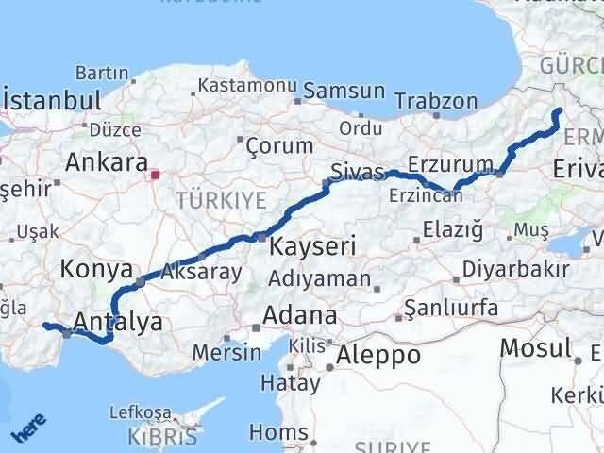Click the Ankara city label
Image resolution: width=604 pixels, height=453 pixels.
106,161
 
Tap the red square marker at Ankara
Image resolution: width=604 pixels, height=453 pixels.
157,174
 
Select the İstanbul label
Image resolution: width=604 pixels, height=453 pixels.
52,99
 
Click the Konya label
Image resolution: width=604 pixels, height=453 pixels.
95,269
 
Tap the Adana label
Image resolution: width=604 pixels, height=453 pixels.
300,314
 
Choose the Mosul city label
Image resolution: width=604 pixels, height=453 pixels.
535,347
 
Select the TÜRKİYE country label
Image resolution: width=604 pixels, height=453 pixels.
221,199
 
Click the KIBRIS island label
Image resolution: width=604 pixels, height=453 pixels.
165,438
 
